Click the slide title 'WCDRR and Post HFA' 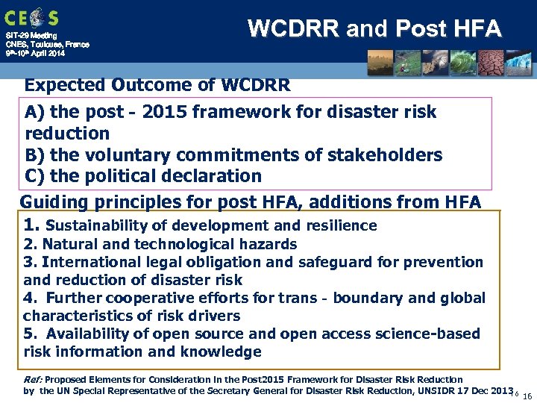click(x=374, y=28)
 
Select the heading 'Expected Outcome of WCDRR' click(x=157, y=84)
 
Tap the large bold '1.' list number click(x=31, y=225)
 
